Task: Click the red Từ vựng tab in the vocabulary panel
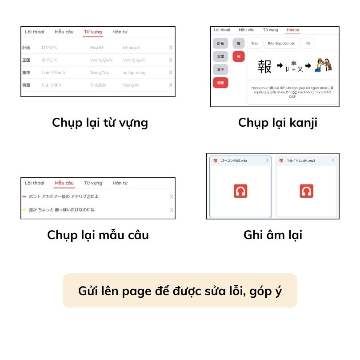[92, 32]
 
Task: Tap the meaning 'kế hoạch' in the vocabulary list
[132, 48]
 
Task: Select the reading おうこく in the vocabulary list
[50, 60]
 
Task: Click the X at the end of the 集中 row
[171, 72]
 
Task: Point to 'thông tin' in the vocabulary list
[131, 85]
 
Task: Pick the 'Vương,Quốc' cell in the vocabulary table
[101, 60]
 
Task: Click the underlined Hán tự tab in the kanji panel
[293, 30]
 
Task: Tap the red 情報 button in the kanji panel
[220, 83]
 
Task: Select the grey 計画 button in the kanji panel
[220, 44]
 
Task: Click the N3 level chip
[307, 44]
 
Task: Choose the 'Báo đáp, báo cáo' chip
[282, 44]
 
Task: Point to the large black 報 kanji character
[264, 67]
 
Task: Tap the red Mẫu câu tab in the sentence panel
[64, 183]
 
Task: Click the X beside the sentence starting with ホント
[171, 197]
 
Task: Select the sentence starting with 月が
[62, 210]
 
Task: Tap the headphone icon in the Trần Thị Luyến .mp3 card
[307, 191]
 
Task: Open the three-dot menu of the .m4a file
[267, 161]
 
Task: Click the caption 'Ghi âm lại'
[272, 235]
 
